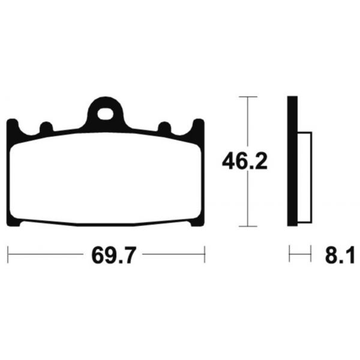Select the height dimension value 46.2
[244, 162]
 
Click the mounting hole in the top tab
[107, 111]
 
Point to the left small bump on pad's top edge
[45, 127]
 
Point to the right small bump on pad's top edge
[163, 127]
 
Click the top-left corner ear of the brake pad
[11, 127]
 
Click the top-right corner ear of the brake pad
[198, 127]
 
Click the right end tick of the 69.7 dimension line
[205, 254]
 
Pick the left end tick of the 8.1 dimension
[289, 254]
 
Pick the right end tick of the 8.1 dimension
[310, 254]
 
